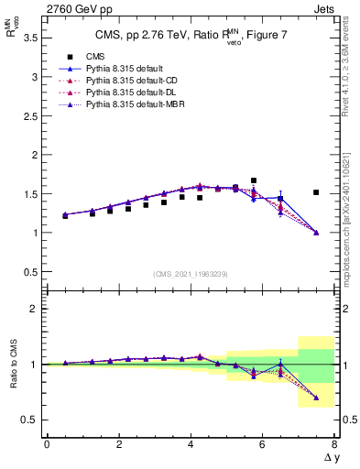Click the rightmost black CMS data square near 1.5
click(x=316, y=192)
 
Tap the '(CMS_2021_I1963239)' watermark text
click(x=190, y=274)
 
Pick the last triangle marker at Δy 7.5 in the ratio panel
click(x=316, y=398)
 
